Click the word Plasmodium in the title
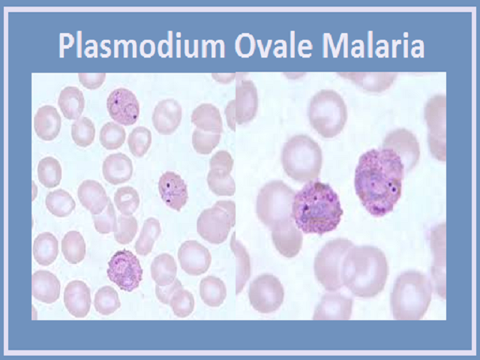point(142,46)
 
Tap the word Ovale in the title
point(274,45)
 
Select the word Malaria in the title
point(373,45)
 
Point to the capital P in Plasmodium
point(67,45)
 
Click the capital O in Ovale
point(247,45)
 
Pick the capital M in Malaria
point(335,45)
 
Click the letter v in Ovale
point(268,48)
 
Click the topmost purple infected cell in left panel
point(123,106)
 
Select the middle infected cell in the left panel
point(173,190)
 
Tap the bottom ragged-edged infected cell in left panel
point(125,270)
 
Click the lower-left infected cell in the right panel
point(317,208)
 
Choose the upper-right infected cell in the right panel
point(379,181)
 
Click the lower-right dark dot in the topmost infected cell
point(135,116)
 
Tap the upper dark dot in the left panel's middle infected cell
point(168,185)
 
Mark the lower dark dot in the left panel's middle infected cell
point(168,201)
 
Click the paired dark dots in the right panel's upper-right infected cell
point(392,187)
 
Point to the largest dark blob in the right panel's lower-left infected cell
point(306,208)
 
